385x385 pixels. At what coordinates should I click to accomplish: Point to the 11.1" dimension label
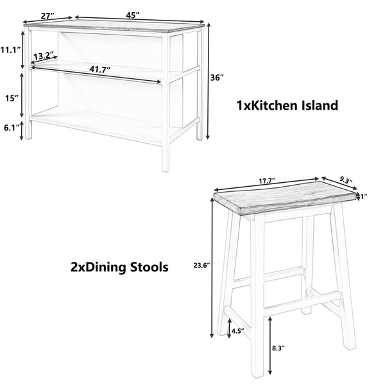click(9, 49)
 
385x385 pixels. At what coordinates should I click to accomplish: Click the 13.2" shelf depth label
click(44, 56)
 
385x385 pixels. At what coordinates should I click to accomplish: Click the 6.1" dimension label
click(10, 128)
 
